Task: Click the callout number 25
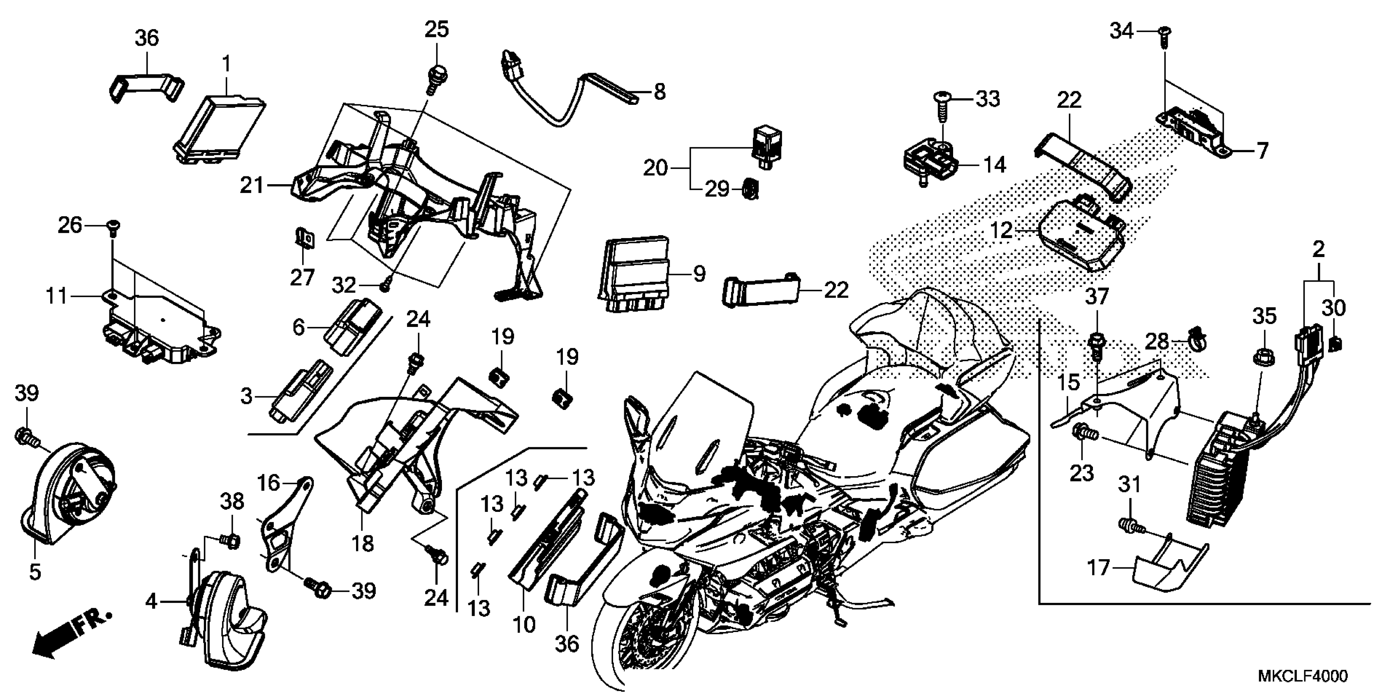[x=436, y=29]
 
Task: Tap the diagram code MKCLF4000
[x=1303, y=676]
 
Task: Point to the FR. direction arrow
[x=71, y=633]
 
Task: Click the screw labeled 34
[x=1164, y=41]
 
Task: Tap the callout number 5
[x=35, y=572]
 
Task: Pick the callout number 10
[x=524, y=625]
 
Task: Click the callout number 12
[x=1001, y=231]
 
